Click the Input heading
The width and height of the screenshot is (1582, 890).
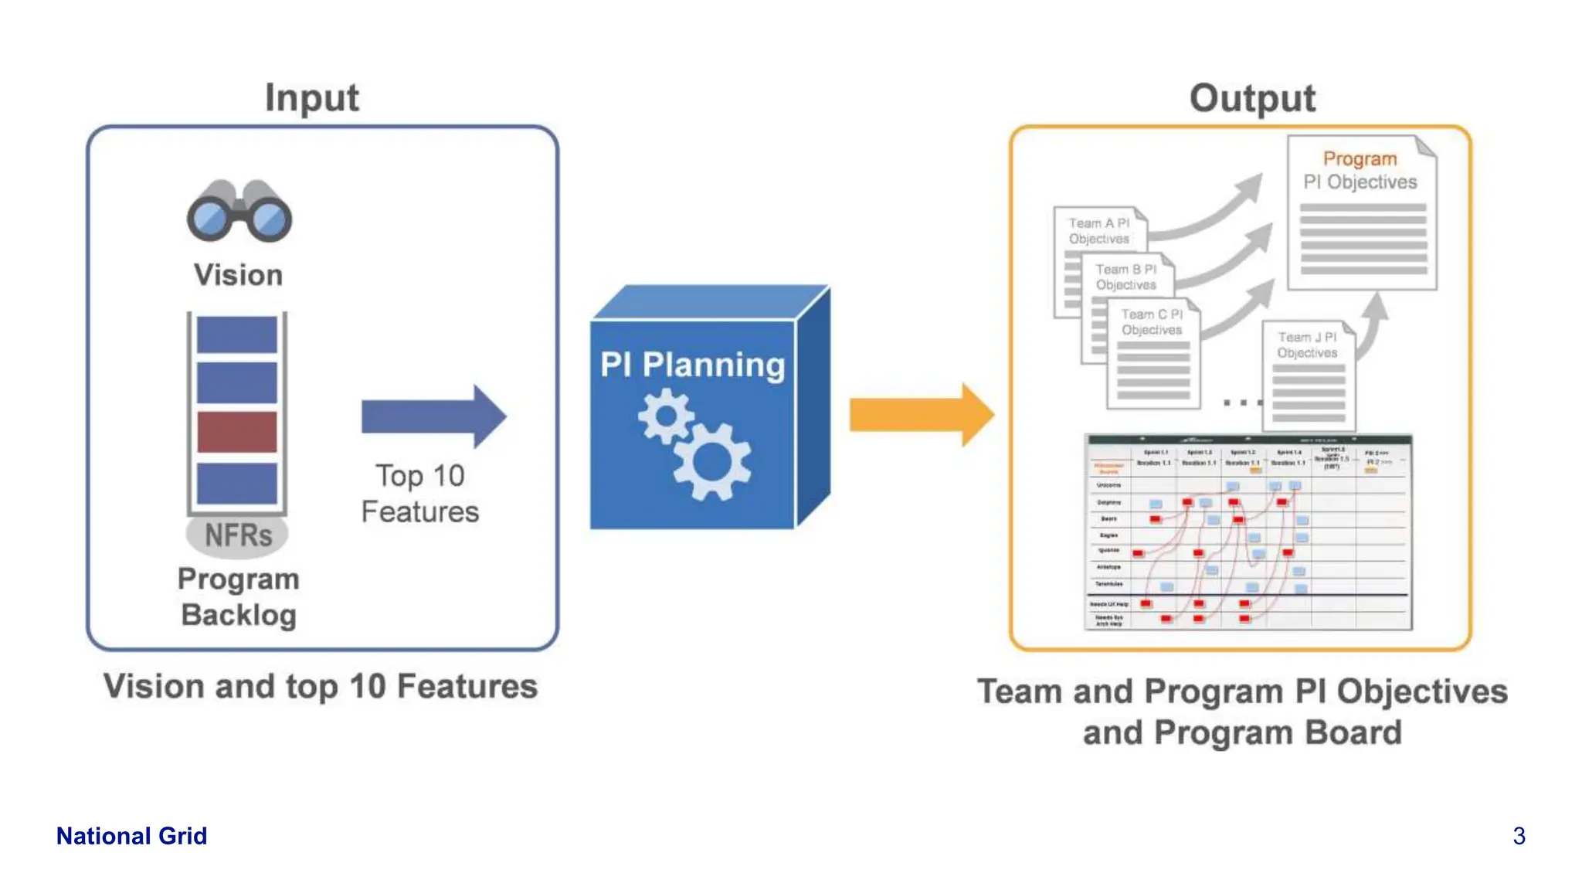pos(312,98)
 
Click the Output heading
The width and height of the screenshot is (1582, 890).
pos(1252,99)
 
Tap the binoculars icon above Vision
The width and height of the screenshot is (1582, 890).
pos(239,211)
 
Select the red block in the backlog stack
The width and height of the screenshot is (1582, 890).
pos(237,432)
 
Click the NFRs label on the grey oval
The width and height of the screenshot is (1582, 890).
pos(238,535)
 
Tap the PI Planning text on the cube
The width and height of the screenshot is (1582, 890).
pos(692,365)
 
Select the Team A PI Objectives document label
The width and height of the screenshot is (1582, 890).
pos(1099,231)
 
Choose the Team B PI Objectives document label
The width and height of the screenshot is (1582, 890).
pos(1126,277)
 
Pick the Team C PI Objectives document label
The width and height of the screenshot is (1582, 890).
pos(1152,322)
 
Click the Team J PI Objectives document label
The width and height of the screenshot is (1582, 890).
pos(1307,345)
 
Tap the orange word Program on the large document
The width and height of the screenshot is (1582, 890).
pos(1360,158)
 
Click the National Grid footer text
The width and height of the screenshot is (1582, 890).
pos(131,836)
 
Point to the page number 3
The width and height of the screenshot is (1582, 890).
pos(1519,836)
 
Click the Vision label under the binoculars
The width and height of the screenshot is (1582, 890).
pos(238,275)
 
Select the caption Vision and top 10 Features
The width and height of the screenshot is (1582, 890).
pos(321,686)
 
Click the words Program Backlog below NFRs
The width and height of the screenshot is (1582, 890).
pos(239,597)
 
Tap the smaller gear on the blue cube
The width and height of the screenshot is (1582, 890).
pos(665,416)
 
